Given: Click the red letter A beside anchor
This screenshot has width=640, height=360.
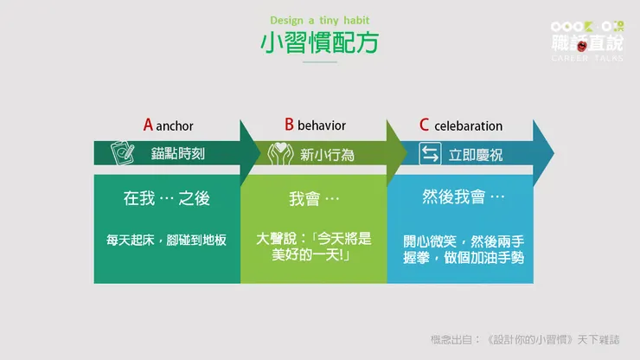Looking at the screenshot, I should (148, 125).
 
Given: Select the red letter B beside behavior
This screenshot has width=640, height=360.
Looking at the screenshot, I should (289, 125).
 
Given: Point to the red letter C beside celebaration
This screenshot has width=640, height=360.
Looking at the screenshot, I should (424, 125).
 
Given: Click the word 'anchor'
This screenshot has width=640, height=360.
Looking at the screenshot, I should (177, 126).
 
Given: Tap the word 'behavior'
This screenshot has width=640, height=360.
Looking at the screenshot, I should (322, 126).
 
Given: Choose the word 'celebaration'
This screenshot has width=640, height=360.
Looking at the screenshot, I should (468, 126).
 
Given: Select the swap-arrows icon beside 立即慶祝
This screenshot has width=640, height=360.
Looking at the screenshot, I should (430, 154).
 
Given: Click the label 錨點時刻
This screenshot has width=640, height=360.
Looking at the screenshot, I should (179, 155).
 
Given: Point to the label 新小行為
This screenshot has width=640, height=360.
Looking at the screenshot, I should (327, 155).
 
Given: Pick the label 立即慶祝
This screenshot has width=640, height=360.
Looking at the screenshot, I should (476, 155).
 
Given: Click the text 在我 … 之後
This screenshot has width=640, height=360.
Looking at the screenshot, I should (166, 198).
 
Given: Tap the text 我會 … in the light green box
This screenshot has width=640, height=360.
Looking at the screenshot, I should (313, 198).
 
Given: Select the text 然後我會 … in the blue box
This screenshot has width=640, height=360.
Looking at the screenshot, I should (464, 198).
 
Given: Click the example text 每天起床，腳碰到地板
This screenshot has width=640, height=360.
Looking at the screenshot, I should (166, 240).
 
